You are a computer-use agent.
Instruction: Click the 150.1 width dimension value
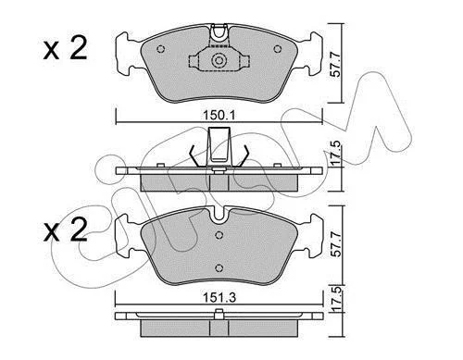point(219,116)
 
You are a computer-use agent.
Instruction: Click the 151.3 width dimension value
point(219,298)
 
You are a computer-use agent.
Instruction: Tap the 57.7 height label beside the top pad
point(335,65)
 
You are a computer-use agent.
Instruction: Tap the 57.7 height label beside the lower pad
point(335,245)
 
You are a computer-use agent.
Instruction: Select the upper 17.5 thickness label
point(335,153)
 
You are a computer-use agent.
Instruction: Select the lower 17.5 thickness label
point(335,299)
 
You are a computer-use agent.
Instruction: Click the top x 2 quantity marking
point(66,49)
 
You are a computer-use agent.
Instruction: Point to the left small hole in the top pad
point(161,49)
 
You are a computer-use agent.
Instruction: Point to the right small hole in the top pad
point(278,49)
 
